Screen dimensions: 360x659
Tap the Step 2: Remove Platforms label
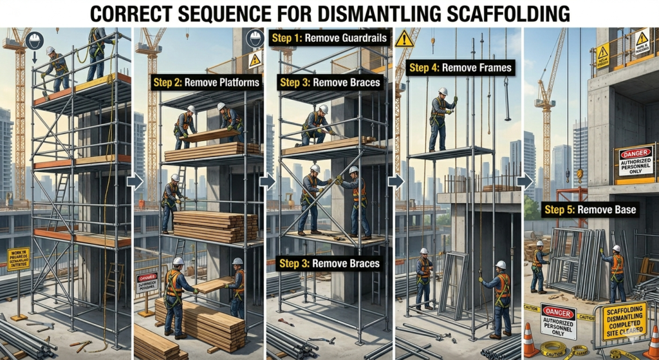206,82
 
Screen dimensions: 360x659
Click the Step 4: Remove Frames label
460,68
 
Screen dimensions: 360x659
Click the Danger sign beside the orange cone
558,320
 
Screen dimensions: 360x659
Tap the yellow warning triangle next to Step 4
404,39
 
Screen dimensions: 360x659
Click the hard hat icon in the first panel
33,41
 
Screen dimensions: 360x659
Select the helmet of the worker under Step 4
443,91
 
